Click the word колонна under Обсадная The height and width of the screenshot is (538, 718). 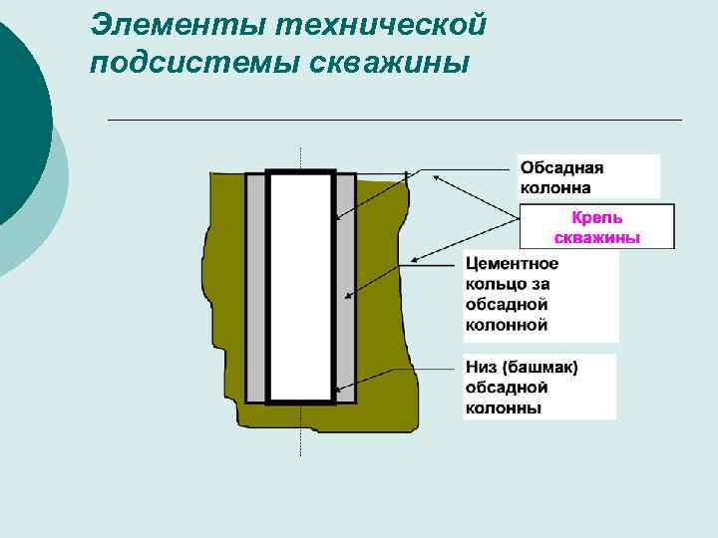(x=554, y=186)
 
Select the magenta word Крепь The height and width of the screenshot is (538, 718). (x=596, y=217)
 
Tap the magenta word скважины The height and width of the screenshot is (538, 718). (x=596, y=237)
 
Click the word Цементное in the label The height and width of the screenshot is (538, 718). (x=512, y=264)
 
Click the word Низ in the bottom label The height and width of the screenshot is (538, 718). (x=481, y=368)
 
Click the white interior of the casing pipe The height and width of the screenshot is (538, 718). (x=300, y=289)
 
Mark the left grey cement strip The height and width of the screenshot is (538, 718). (x=255, y=289)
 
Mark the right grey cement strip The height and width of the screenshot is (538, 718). (x=345, y=289)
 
